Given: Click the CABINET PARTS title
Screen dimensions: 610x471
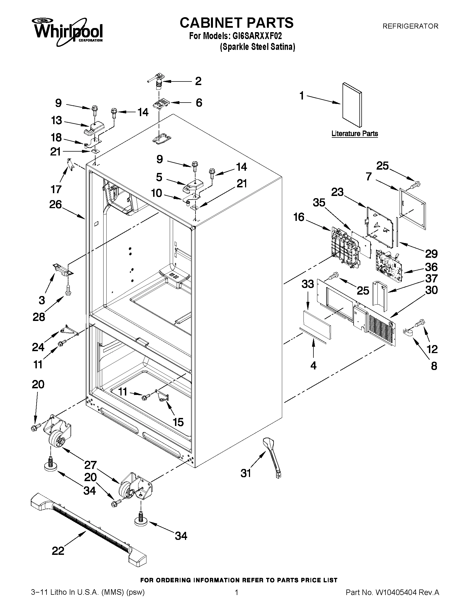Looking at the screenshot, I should (236, 23).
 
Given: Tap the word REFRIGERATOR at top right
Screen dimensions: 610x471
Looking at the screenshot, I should (410, 26).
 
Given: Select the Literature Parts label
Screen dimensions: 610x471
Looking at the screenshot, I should (355, 134).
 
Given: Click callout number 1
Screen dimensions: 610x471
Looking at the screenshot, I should (302, 96).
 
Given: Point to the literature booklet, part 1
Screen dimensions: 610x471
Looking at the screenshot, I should (352, 105).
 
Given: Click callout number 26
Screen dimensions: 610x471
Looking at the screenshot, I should (55, 205).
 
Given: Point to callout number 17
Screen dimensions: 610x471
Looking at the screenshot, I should (56, 189).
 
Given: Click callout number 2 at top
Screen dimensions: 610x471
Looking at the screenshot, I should (198, 81).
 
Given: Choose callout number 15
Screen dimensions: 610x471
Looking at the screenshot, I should (178, 422).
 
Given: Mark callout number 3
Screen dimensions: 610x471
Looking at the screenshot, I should (42, 300).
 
